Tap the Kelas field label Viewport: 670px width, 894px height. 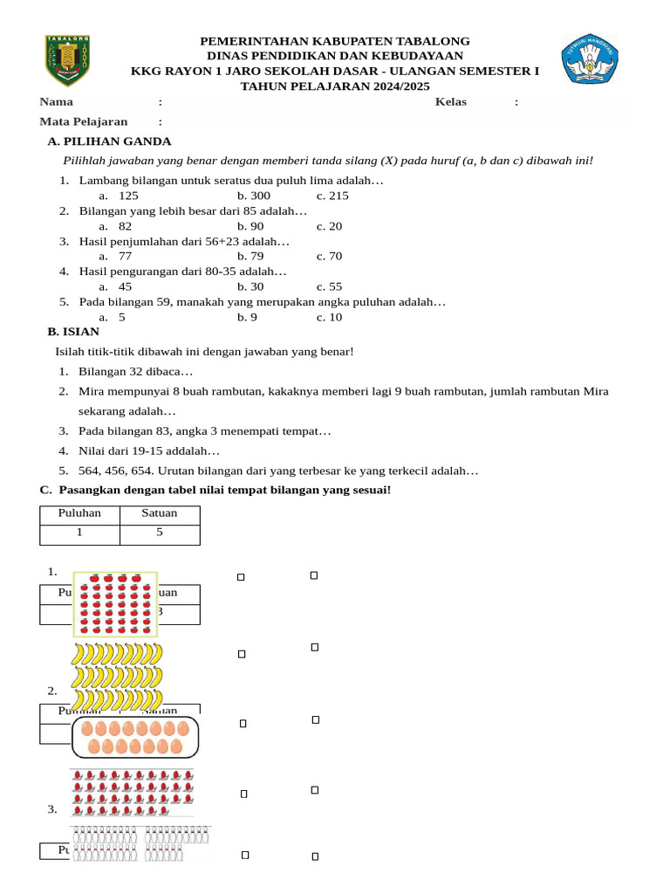[x=451, y=102]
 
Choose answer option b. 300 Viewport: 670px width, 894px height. [x=253, y=196]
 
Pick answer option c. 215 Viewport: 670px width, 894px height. [x=332, y=196]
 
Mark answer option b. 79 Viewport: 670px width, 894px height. [x=250, y=257]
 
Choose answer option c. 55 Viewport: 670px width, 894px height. [x=330, y=286]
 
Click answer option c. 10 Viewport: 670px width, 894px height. [x=330, y=317]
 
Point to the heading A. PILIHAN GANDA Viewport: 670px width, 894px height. [x=109, y=141]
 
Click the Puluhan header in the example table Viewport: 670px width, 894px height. [x=79, y=513]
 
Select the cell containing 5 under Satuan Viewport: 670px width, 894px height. [x=160, y=533]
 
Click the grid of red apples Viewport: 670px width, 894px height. [x=115, y=603]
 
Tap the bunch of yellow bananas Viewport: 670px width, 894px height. [x=117, y=677]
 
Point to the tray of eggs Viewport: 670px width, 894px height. [x=135, y=736]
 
